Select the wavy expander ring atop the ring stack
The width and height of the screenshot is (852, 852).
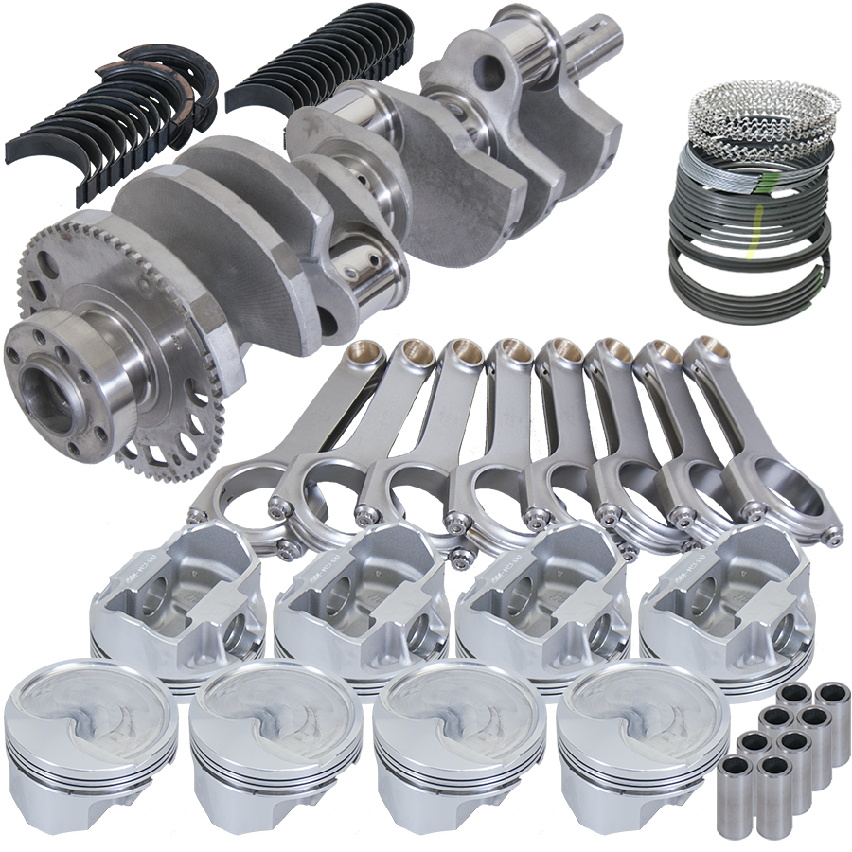[x=763, y=104]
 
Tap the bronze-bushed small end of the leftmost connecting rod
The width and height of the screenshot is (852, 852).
[x=365, y=358]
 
